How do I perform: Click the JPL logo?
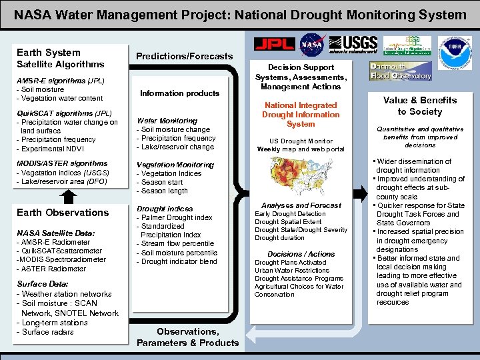[275, 44]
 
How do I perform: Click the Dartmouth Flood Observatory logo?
[401, 71]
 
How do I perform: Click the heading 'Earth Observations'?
[62, 213]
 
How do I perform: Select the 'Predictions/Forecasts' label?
[185, 56]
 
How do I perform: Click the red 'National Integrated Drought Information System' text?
[301, 115]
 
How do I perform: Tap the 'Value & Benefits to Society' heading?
[419, 106]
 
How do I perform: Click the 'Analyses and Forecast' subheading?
[301, 205]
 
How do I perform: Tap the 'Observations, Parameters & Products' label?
[187, 337]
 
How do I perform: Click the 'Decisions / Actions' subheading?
[301, 254]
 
